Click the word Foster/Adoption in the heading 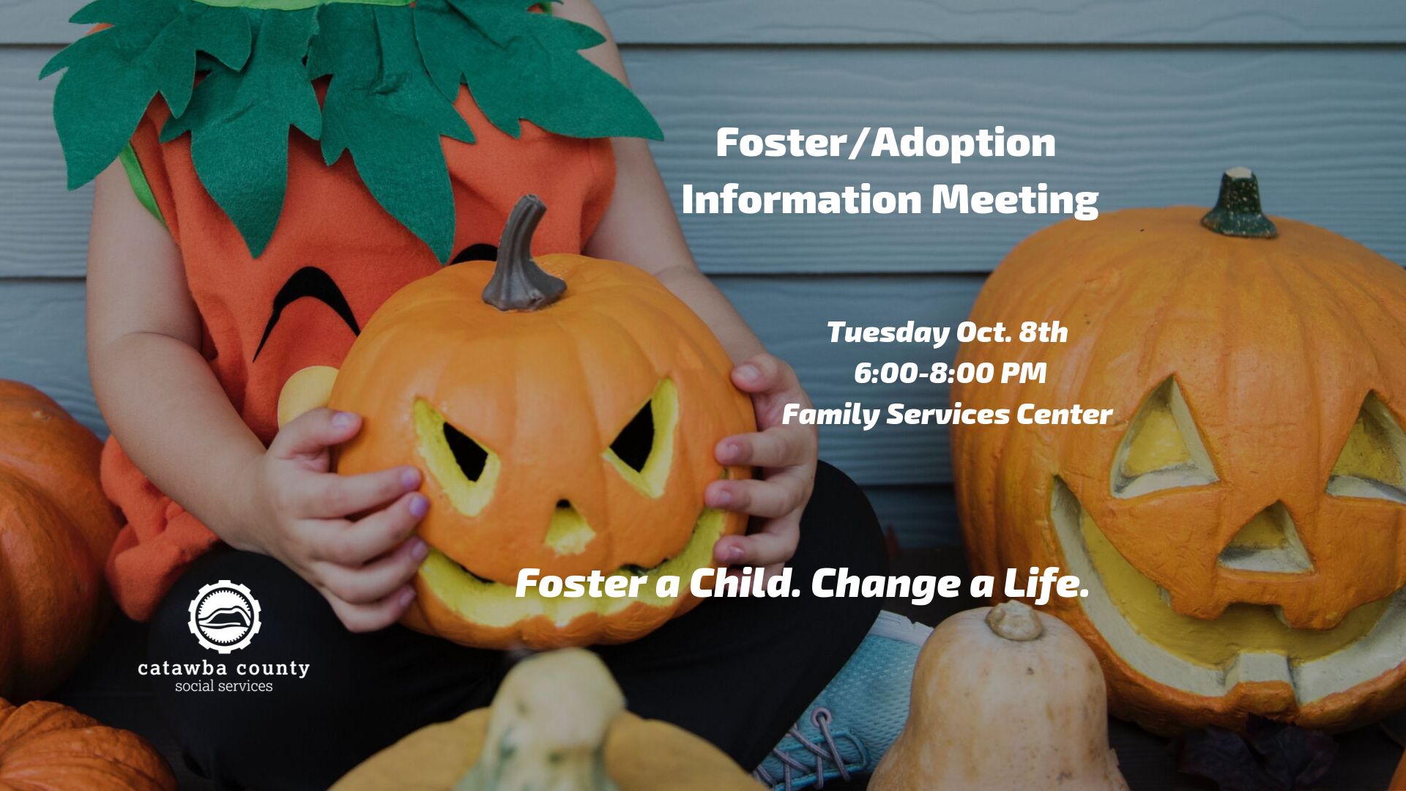(885, 142)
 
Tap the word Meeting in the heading (1015, 199)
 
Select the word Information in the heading (801, 199)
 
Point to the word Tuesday (888, 333)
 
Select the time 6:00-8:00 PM (950, 374)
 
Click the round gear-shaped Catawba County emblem (225, 617)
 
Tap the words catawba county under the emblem (223, 668)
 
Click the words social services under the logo (223, 686)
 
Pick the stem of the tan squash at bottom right (1014, 621)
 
